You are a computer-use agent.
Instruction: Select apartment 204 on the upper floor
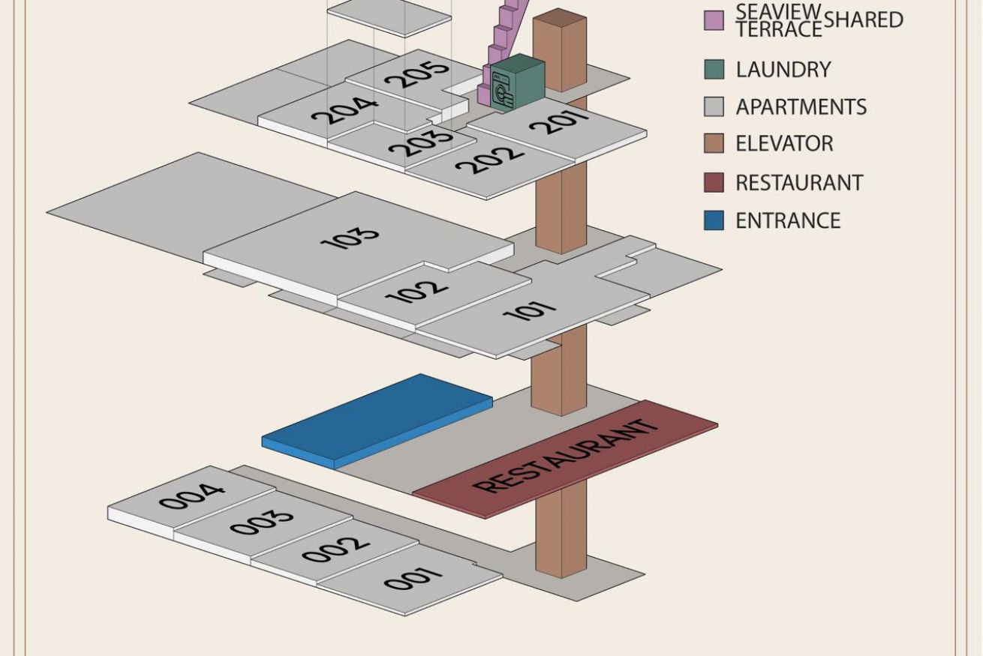click(x=344, y=110)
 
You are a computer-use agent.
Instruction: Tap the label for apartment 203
click(x=421, y=142)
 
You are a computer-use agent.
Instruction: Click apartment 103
click(x=350, y=238)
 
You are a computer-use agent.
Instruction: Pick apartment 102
click(x=416, y=292)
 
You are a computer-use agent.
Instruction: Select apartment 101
click(x=530, y=310)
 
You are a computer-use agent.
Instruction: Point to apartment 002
click(x=335, y=550)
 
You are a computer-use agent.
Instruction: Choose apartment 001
click(x=412, y=580)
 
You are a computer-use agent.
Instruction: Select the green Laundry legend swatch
click(x=714, y=69)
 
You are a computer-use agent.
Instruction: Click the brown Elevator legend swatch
click(x=714, y=143)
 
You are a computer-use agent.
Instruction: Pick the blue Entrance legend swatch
click(x=714, y=220)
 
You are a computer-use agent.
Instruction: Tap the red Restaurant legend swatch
click(x=714, y=182)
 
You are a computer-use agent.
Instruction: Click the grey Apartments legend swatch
click(x=714, y=106)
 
